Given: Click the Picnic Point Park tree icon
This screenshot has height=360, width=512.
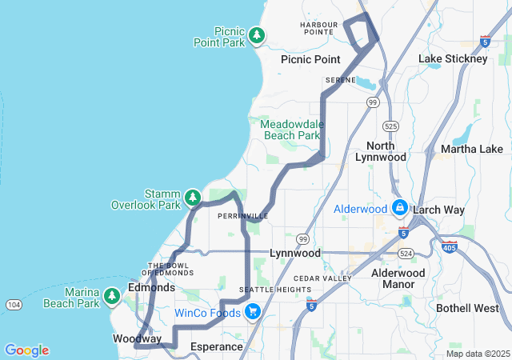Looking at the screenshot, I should [256, 34].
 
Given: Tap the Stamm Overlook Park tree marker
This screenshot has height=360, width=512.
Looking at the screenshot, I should [192, 197].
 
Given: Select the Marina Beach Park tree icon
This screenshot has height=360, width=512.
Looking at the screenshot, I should [112, 297].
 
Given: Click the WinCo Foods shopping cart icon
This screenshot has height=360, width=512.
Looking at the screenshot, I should [252, 311].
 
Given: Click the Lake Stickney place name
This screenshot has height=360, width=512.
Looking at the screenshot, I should [453, 59].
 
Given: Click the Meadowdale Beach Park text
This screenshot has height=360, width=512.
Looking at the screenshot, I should [290, 130].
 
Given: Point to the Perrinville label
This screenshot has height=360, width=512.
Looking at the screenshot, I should [242, 216].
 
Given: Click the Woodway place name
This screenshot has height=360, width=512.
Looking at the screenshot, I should [137, 339].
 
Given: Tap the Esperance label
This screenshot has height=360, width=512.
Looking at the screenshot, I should [217, 346].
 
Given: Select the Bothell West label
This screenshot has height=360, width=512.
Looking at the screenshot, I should [467, 308].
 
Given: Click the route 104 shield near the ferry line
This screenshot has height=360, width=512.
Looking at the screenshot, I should [15, 305].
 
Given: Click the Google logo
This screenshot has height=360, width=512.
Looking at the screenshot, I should [26, 350].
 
